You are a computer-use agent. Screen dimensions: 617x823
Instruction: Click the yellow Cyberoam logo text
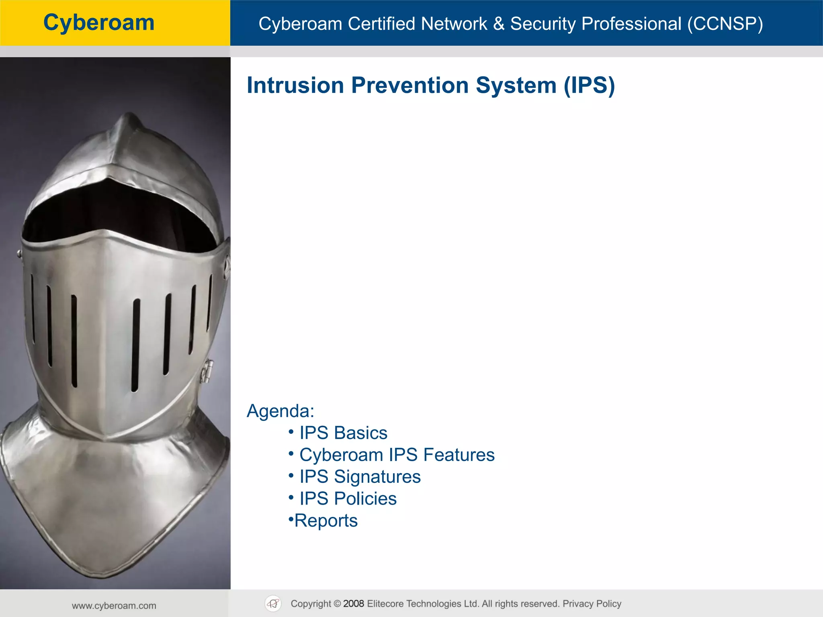99,22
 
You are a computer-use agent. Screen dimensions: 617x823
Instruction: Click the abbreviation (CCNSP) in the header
725,24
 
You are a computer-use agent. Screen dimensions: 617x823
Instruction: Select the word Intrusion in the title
295,86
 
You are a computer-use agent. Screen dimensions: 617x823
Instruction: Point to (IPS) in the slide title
589,86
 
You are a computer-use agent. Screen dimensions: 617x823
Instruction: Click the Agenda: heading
280,411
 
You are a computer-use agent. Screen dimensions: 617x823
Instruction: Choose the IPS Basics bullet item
343,433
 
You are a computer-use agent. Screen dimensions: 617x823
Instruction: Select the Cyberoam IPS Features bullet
397,455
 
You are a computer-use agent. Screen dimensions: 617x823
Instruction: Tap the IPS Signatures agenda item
360,477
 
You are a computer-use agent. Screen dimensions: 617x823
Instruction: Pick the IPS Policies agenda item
348,499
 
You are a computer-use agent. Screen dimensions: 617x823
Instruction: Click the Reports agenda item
326,521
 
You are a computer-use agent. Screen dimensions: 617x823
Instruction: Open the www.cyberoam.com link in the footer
114,606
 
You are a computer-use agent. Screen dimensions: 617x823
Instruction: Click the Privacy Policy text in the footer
592,604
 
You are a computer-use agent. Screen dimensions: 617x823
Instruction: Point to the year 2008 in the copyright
354,604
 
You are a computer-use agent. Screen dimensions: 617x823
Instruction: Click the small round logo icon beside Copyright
273,604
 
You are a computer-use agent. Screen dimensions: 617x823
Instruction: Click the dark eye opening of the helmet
117,213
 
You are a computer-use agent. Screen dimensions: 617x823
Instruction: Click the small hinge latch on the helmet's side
207,370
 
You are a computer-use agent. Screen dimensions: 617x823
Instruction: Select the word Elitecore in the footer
389,604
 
